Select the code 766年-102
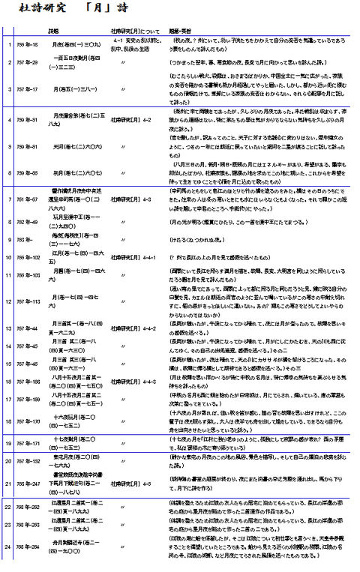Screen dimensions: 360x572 26,257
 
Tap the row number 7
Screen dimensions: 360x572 5,199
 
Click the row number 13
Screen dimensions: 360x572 5,328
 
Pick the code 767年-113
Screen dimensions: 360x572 26,301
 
